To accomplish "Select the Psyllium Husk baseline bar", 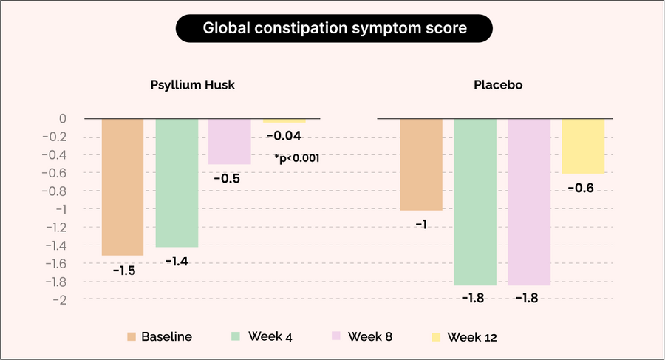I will pos(123,186).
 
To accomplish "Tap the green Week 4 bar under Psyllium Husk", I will pos(177,183).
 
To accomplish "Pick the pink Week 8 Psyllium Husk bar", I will pos(230,141).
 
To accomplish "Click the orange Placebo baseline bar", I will pos(421,164).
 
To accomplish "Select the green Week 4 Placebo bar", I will pos(475,202).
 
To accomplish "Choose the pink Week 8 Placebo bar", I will pos(529,202).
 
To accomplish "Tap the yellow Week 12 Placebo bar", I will pos(583,146).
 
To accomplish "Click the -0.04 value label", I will pos(283,136).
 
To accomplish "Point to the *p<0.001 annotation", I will pos(296,157).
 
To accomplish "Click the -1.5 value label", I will pos(123,271).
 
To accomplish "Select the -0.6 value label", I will pos(581,189).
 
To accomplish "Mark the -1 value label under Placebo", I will pos(420,224).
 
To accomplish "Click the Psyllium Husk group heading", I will pos(193,85).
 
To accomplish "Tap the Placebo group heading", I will pos(498,85).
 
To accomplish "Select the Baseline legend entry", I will pos(158,337).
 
